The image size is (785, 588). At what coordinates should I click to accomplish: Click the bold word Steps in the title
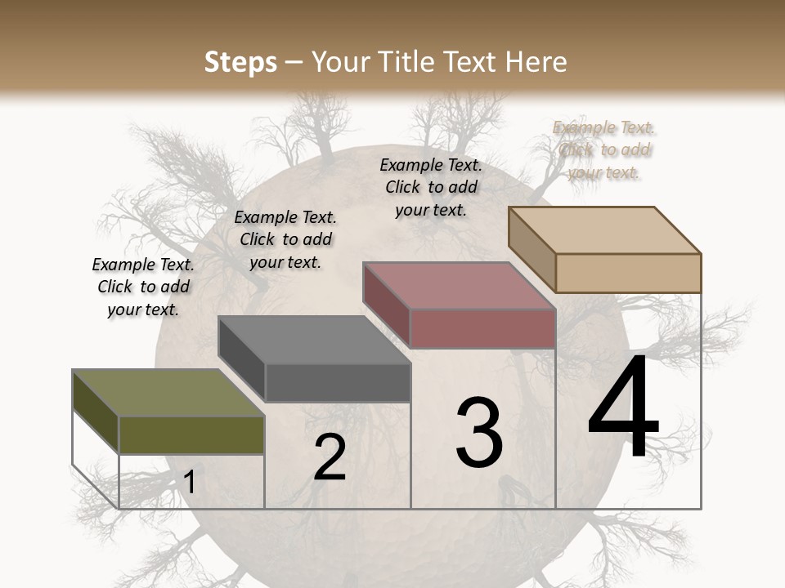point(240,62)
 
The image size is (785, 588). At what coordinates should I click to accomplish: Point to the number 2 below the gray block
point(330,457)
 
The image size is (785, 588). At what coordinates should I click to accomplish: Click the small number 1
point(189,483)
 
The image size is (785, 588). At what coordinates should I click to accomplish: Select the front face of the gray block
point(338,382)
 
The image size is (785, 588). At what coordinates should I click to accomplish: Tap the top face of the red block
point(458,286)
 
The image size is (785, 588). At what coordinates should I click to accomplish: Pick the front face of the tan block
point(628,273)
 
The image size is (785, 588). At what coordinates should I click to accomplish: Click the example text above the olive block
point(143,287)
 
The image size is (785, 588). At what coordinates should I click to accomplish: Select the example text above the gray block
point(285,239)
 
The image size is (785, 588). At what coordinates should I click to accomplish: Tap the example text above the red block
point(431,187)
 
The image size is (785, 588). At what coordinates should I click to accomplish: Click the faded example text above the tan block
point(604,149)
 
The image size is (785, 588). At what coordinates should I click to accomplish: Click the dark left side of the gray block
point(241,359)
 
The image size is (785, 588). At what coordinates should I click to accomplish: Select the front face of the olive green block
point(191,434)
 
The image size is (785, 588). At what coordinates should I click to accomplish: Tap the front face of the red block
point(482,328)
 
